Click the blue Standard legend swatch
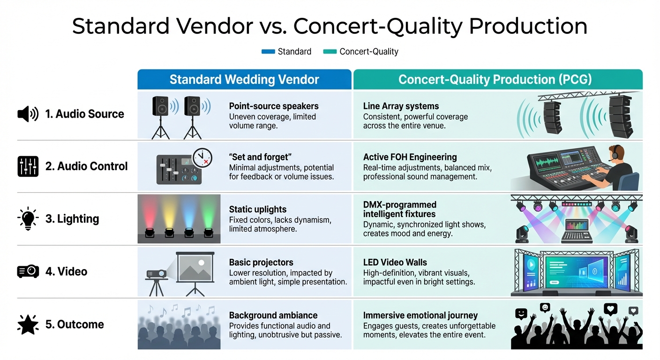tap(268, 52)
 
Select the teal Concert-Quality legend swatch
tap(330, 52)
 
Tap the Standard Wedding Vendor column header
tap(244, 79)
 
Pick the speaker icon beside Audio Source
tap(28, 114)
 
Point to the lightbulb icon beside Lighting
tap(28, 218)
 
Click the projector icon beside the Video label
tap(28, 271)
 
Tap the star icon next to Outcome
tap(28, 324)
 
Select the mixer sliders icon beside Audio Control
tap(28, 166)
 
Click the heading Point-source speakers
tap(273, 106)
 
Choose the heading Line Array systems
tap(401, 106)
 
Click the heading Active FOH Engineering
tap(410, 157)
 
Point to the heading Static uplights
tap(257, 210)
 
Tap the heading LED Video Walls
tap(395, 262)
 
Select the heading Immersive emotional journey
tap(420, 315)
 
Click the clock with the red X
tap(202, 157)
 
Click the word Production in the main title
tap(528, 27)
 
